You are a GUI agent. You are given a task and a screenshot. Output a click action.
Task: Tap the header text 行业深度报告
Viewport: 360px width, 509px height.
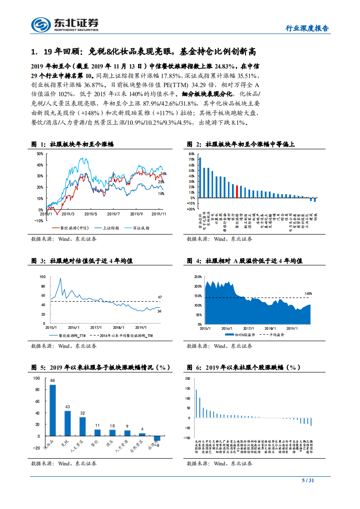click(x=306, y=28)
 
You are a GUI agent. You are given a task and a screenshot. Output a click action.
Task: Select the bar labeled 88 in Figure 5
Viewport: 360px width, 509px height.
click(x=53, y=410)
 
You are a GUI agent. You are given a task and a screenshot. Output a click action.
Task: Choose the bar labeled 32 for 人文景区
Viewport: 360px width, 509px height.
click(x=83, y=426)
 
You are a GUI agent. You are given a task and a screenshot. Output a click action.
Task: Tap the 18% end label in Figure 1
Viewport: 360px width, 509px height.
click(x=161, y=194)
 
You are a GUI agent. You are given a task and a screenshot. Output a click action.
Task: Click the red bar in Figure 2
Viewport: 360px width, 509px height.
click(x=237, y=191)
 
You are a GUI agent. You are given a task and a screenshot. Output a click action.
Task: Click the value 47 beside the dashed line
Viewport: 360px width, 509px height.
click(x=159, y=297)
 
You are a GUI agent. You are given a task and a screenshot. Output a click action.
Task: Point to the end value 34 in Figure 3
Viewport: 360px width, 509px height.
click(x=159, y=311)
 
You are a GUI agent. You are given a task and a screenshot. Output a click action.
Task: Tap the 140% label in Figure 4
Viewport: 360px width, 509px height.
click(x=308, y=294)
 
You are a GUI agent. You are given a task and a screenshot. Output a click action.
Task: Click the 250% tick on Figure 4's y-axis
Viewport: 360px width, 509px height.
click(x=197, y=276)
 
